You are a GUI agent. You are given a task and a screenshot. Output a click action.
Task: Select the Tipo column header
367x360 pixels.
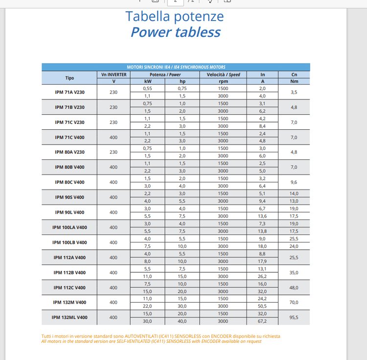tap(69, 78)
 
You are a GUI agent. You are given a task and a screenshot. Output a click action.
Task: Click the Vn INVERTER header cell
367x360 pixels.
tap(114, 74)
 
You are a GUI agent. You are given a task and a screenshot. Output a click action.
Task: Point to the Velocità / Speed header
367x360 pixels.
tap(223, 74)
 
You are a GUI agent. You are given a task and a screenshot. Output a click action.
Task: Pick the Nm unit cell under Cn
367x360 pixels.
tap(294, 81)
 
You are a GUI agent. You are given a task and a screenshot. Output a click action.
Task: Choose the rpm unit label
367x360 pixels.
tap(223, 81)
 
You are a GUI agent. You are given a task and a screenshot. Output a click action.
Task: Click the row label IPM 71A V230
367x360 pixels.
tap(69, 92)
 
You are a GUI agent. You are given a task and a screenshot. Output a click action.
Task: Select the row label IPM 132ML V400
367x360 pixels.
tap(69, 317)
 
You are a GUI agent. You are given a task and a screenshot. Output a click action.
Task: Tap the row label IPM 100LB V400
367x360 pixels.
tap(69, 242)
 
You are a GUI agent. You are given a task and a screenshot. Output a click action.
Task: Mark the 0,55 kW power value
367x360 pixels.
tap(148, 88)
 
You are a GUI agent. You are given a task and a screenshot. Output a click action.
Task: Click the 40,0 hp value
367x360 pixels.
tap(182, 321)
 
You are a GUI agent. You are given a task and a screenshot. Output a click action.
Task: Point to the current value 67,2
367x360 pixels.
tap(262, 321)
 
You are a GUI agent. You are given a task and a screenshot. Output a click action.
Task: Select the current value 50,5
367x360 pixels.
tap(262, 306)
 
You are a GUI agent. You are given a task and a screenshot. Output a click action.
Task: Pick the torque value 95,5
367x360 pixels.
tap(294, 317)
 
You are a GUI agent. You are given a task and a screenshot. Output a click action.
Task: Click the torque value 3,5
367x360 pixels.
tap(294, 92)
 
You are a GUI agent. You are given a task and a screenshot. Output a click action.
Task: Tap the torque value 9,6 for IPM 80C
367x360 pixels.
tap(294, 182)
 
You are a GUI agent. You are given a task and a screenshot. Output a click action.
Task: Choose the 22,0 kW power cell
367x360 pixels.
tap(148, 306)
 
